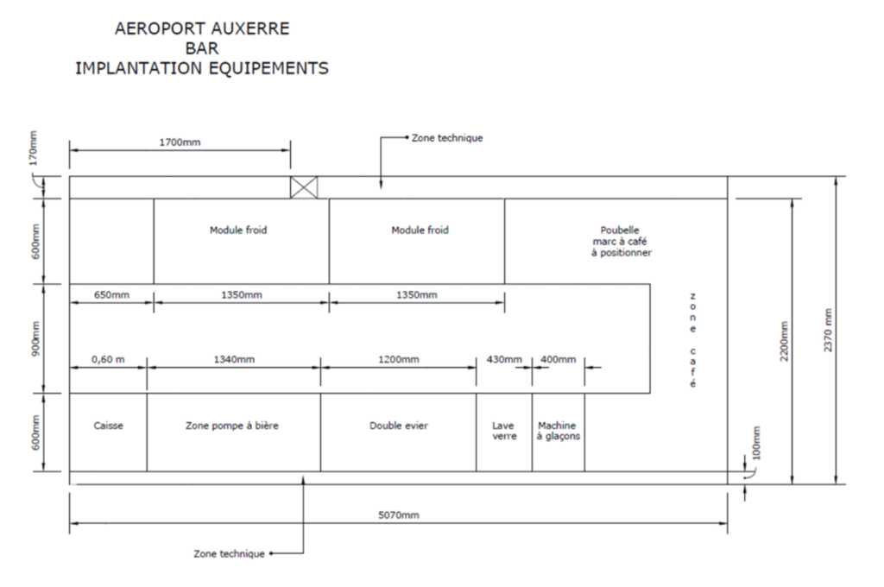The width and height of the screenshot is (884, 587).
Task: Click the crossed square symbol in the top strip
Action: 304,187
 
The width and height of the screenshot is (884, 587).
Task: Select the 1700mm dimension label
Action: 180,142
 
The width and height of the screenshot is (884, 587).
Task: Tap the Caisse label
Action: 108,426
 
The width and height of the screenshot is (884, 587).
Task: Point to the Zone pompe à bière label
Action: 232,426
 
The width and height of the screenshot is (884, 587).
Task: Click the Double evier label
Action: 399,426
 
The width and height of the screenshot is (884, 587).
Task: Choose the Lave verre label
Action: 504,431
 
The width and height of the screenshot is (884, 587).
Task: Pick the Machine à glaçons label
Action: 558,431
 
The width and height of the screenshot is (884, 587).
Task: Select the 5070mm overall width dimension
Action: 399,514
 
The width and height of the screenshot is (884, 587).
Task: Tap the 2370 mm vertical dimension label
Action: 828,331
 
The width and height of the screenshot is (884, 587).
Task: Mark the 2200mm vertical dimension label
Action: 784,342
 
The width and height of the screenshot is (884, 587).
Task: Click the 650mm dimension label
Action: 111,295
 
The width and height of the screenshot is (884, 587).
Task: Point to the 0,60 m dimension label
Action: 108,359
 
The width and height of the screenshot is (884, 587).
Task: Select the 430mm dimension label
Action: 504,359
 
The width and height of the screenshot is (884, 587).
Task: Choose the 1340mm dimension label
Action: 234,359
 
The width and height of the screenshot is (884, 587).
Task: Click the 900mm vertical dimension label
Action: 36,338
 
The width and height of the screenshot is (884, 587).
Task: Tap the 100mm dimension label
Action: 756,443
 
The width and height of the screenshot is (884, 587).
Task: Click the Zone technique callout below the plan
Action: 230,553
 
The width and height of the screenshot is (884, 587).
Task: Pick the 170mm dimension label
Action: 33,148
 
